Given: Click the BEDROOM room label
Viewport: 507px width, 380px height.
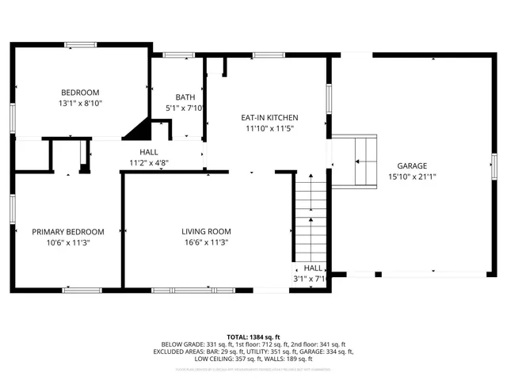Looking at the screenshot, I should tap(81, 91).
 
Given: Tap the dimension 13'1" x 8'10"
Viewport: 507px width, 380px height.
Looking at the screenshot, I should tap(81, 103).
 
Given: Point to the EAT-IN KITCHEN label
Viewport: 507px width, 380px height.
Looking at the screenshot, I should tap(269, 117).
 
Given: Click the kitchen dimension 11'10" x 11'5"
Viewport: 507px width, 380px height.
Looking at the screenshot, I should tap(269, 128).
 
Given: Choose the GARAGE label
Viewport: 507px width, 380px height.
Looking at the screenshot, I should tap(413, 166).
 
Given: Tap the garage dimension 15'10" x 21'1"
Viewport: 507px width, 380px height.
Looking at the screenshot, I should tap(413, 177).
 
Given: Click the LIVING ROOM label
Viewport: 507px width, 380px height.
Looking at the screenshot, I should tap(206, 232).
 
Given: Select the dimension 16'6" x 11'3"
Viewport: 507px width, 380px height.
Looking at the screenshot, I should tap(206, 243).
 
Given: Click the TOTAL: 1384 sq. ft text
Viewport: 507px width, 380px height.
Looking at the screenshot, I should tap(253, 336).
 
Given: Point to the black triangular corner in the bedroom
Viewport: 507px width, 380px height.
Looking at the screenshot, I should tap(141, 128).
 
